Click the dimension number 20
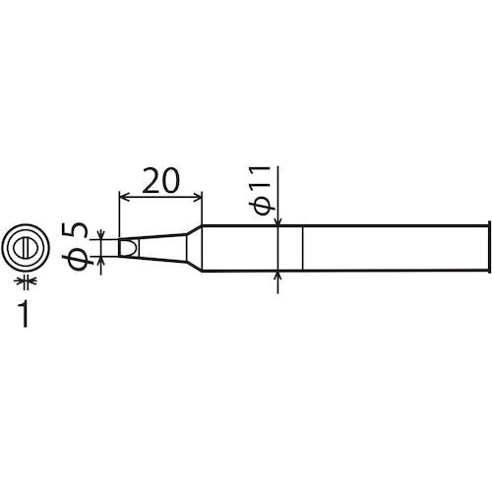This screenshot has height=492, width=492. click(x=160, y=181)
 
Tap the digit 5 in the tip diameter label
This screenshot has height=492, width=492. click(x=79, y=233)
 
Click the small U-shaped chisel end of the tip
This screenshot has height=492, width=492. click(x=125, y=247)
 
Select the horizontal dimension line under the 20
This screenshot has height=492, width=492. click(x=160, y=198)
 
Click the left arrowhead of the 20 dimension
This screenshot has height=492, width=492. click(x=122, y=198)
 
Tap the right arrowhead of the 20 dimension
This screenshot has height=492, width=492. click(x=199, y=198)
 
